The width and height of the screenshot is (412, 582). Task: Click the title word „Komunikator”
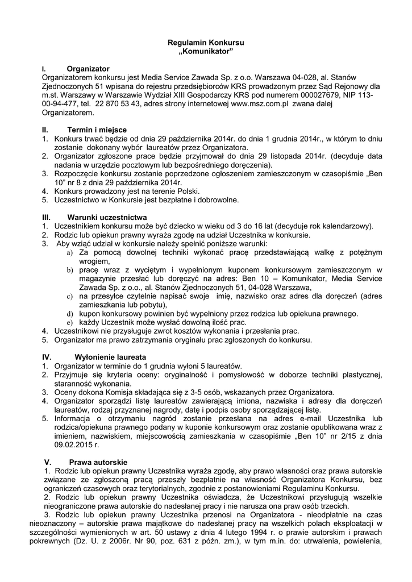(x=206, y=51)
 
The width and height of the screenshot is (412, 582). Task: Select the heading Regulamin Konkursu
(x=206, y=43)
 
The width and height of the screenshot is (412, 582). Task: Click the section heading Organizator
(x=88, y=68)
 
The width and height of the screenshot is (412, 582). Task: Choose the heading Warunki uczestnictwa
(x=107, y=217)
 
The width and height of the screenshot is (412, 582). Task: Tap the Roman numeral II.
(x=45, y=130)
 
